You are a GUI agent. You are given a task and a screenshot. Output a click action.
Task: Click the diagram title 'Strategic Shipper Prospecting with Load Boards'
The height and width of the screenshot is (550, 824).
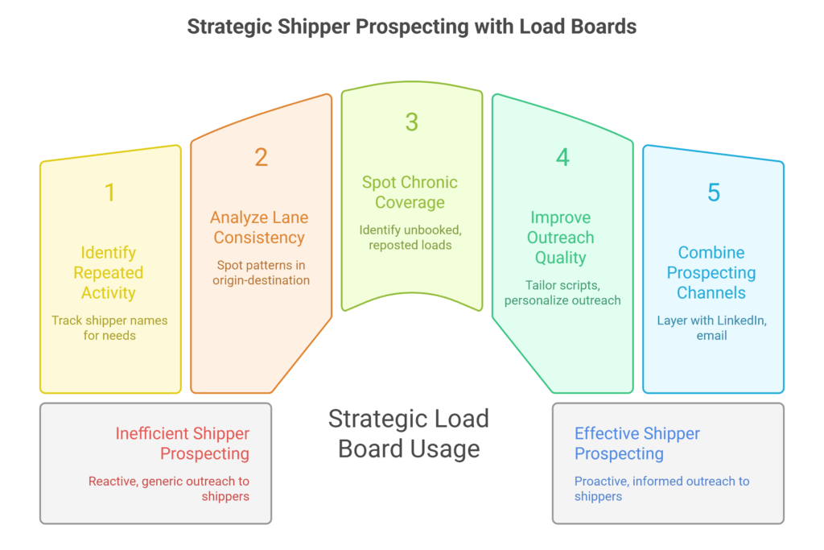pos(411,27)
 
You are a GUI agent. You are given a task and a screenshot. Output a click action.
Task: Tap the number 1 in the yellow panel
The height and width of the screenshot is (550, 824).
pos(109,192)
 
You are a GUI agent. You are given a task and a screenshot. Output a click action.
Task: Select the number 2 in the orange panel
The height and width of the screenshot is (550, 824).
pos(261,157)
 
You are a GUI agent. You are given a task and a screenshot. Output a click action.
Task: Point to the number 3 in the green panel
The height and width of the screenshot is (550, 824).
pos(411,122)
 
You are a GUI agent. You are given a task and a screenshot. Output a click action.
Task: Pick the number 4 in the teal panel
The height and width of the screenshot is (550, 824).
pos(562,157)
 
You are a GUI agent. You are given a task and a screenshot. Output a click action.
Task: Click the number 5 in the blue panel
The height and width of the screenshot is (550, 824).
pos(713,192)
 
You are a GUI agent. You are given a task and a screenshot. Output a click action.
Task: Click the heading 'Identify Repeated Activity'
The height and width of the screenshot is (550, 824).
pos(109,273)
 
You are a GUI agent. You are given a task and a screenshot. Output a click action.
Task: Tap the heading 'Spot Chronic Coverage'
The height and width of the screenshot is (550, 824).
pos(410,192)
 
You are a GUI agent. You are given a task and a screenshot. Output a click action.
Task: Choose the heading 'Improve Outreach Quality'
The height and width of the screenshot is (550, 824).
pos(562,238)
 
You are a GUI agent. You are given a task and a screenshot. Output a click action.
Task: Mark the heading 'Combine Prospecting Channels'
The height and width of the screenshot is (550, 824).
pos(711,273)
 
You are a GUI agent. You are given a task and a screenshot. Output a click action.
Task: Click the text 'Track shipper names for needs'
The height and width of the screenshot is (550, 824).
pos(109,328)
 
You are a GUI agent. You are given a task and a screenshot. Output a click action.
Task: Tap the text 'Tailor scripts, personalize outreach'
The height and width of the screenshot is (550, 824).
pos(562,292)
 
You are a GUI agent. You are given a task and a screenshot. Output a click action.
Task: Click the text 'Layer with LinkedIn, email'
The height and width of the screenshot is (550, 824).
pos(711,328)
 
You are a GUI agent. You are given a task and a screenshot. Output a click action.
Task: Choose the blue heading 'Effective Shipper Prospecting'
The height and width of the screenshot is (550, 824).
pos(637,444)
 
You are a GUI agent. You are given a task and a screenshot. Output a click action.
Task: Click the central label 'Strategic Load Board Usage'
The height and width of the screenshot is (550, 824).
pos(409,433)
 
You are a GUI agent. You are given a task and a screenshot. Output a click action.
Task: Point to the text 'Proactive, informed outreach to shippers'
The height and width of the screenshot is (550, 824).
pos(661,489)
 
